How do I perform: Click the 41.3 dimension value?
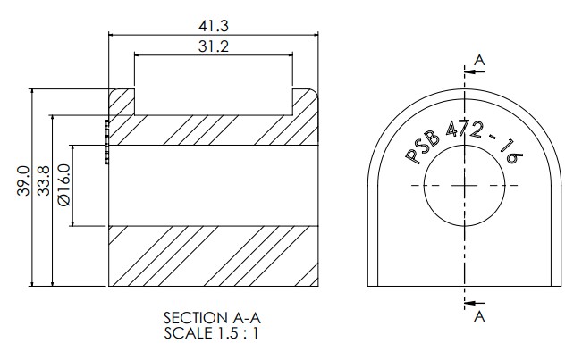[x=214, y=26]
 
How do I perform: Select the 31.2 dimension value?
[x=214, y=46]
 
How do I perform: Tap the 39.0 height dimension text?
[x=23, y=180]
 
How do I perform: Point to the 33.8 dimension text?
[x=44, y=180]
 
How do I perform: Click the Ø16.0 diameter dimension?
[x=63, y=185]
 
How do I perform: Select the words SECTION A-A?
[x=212, y=318]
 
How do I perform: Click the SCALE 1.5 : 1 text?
[x=211, y=333]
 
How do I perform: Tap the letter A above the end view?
[x=479, y=60]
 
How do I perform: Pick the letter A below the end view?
[x=479, y=316]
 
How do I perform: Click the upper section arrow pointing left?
[x=475, y=71]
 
